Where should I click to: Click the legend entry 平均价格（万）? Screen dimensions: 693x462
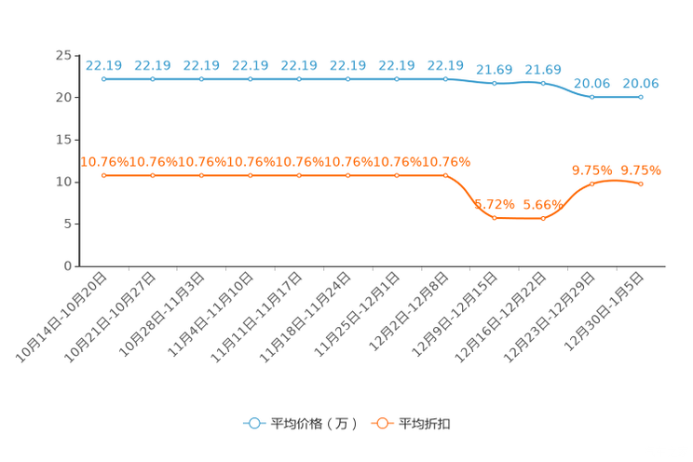[x=301, y=424]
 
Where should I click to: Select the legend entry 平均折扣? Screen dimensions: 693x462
[x=411, y=424]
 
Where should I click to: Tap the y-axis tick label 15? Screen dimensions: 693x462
[x=63, y=140]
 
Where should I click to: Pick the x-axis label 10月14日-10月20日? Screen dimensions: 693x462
[x=61, y=318]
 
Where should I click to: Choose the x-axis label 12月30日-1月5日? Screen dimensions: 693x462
[x=605, y=312]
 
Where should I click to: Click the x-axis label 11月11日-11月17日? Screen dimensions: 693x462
[x=256, y=318]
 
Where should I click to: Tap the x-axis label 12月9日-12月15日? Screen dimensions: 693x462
[x=455, y=314]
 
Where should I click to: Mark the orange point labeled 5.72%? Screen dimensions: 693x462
[x=495, y=218]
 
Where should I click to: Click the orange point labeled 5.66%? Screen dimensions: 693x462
[x=543, y=218]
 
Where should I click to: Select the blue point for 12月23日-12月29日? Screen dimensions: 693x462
[x=592, y=97]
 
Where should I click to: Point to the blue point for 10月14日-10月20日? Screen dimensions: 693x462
[x=104, y=79]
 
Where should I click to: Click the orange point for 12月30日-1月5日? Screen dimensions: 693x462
[x=641, y=183]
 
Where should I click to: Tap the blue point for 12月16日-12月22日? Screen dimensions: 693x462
[x=543, y=83]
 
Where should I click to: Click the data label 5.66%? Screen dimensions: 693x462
[x=543, y=205]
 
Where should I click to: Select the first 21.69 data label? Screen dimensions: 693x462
[x=495, y=70]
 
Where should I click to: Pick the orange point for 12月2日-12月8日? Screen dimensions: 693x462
[x=445, y=175]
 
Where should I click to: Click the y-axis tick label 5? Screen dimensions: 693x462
[x=68, y=224]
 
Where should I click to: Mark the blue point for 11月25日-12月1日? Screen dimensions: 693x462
[x=397, y=79]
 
